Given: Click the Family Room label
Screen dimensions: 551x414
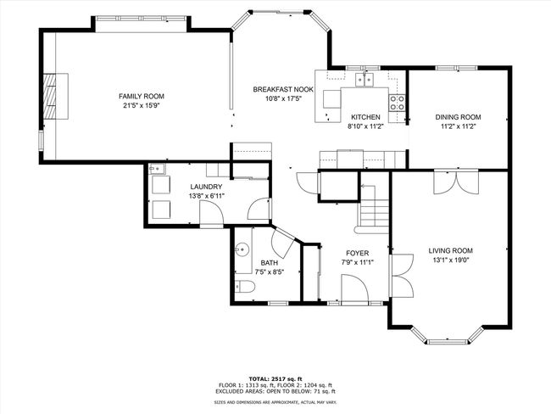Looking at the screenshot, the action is [x=142, y=96].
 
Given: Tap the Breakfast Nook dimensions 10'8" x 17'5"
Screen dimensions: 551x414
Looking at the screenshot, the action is [x=284, y=99].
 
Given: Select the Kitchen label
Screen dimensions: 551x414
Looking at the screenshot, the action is [x=365, y=117].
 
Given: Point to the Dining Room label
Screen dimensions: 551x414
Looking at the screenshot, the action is [x=458, y=117].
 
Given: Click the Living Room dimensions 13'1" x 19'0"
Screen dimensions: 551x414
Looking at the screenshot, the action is [x=451, y=260].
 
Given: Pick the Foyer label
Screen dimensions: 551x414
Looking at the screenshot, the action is [x=358, y=254].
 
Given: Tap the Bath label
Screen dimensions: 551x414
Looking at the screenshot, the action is [x=270, y=263].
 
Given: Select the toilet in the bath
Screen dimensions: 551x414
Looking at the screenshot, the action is [x=245, y=286].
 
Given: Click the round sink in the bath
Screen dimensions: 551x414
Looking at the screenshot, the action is [x=242, y=249].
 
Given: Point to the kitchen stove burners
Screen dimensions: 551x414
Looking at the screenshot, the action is [x=397, y=103].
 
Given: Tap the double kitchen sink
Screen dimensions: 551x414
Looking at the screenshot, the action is [x=365, y=80].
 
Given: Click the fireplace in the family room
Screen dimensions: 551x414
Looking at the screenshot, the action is [x=55, y=96].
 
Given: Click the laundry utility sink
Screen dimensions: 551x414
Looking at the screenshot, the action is [x=157, y=169].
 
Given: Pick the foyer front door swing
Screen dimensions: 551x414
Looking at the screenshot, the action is [x=355, y=288].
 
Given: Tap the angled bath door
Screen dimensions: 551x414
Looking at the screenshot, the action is [x=283, y=243].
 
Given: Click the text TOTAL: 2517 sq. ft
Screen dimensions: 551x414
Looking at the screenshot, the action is [x=275, y=379].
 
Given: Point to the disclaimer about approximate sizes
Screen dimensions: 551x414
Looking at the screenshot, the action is [x=275, y=402].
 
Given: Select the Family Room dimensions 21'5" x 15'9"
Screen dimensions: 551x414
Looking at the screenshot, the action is [x=142, y=105].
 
